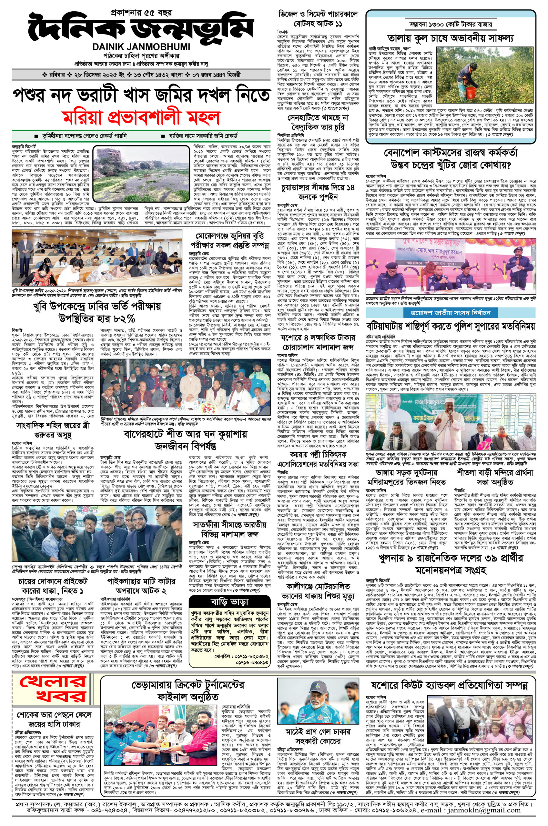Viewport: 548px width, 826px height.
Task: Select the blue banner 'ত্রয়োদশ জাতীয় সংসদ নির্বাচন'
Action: (x=451, y=312)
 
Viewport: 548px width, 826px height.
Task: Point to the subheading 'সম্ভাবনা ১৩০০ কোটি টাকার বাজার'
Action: (x=451, y=25)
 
